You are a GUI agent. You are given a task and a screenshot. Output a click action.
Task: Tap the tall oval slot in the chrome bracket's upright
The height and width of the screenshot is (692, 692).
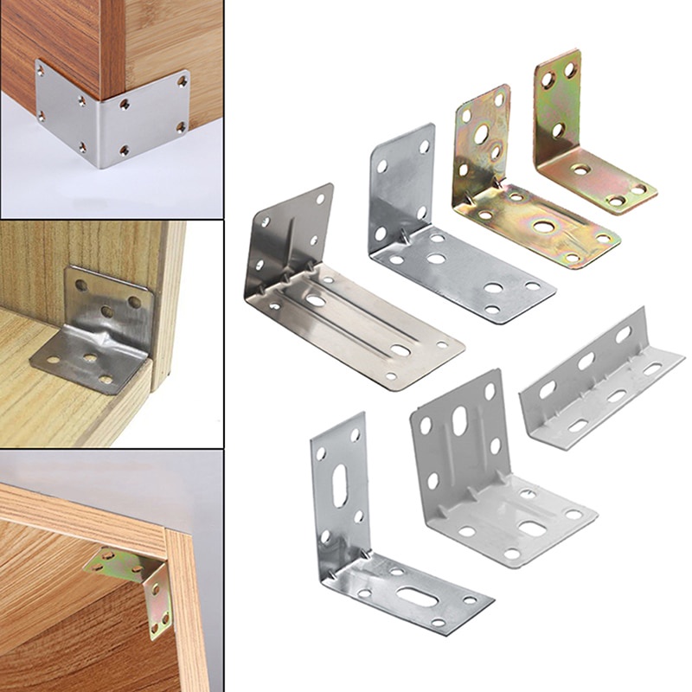[340, 486]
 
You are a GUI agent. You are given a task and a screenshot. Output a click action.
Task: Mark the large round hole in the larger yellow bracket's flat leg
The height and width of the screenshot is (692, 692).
[544, 227]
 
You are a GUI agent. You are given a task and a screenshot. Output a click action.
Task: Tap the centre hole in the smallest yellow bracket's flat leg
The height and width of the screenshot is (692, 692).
[581, 170]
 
